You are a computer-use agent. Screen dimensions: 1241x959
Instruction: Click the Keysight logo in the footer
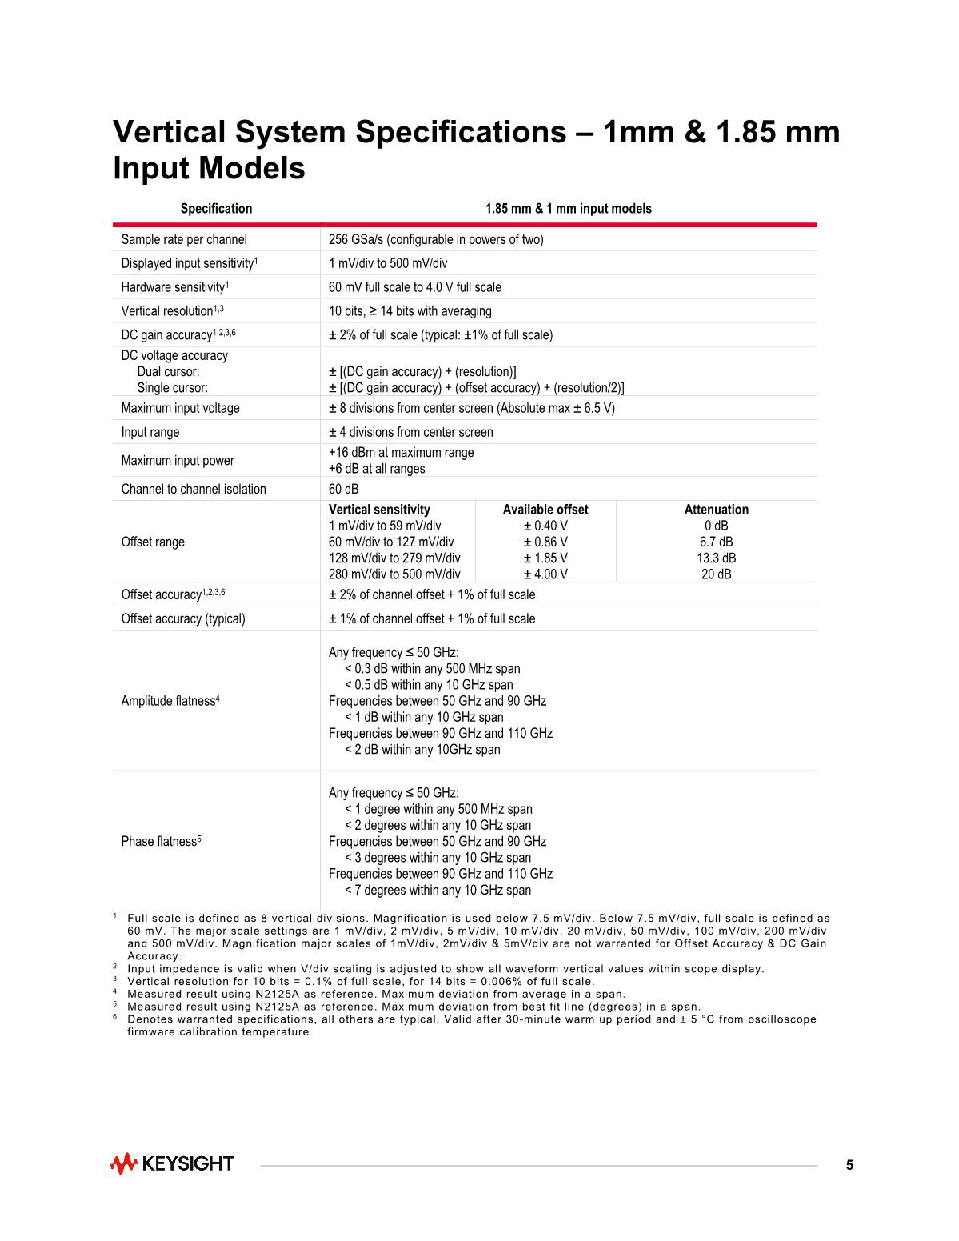[172, 1163]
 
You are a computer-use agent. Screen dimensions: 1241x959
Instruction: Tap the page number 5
[849, 1165]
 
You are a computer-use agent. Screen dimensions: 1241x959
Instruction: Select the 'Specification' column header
[216, 209]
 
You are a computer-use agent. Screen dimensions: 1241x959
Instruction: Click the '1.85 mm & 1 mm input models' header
[568, 209]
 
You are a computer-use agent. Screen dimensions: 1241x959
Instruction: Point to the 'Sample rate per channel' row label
[184, 239]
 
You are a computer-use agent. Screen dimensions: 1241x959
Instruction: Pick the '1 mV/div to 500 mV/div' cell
[388, 263]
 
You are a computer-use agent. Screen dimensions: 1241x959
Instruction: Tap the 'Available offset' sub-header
[545, 510]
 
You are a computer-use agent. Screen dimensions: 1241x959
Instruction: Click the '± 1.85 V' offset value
[545, 558]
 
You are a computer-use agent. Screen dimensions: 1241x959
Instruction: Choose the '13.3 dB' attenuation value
[716, 558]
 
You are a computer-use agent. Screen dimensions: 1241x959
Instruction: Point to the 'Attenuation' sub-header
[716, 510]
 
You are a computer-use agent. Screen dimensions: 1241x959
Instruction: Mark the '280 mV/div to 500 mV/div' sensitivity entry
[394, 574]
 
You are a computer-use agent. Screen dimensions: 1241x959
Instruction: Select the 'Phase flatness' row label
[160, 842]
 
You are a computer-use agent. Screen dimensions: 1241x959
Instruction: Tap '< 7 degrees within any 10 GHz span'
[438, 890]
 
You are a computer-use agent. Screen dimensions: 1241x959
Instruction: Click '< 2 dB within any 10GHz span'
[422, 749]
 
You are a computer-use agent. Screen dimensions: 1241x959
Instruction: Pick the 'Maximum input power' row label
[178, 460]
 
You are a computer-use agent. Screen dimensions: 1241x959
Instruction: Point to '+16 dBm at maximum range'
[401, 452]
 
